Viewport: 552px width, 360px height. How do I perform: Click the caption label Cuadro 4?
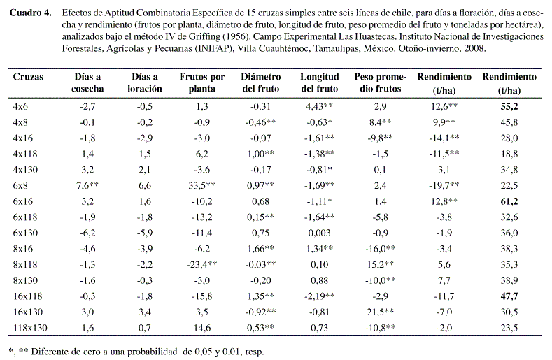click(x=31, y=13)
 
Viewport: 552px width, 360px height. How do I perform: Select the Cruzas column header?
click(x=28, y=77)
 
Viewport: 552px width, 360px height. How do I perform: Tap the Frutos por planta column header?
click(x=202, y=82)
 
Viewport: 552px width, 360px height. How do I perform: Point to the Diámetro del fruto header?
click(x=261, y=82)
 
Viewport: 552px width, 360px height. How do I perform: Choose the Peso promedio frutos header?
click(x=380, y=82)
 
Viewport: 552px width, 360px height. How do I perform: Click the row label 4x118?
click(x=25, y=154)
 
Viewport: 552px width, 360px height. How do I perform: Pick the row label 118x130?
click(x=30, y=328)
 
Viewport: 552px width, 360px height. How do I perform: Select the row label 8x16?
click(x=23, y=249)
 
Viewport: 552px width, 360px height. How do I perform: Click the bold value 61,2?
click(x=509, y=201)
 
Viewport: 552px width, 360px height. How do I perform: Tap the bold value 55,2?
click(x=509, y=106)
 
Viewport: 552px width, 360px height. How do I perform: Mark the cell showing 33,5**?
click(x=201, y=185)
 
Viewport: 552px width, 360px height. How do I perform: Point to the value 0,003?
click(x=319, y=233)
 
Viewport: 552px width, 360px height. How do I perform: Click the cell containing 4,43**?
click(x=319, y=106)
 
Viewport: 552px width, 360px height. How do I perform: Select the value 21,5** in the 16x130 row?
click(x=380, y=312)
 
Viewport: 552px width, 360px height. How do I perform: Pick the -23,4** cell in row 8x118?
click(x=201, y=264)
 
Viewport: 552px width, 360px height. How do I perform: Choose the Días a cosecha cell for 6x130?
click(x=87, y=233)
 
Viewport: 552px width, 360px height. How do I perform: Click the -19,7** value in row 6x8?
click(x=444, y=185)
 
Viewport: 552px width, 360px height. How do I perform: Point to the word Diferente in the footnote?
click(x=50, y=352)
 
